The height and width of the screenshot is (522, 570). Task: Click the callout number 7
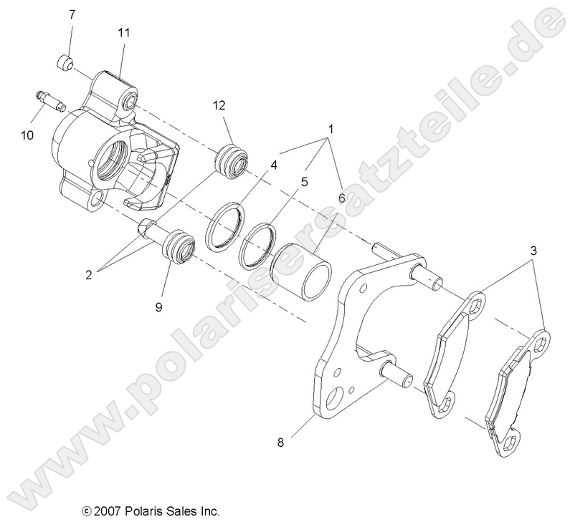[x=72, y=14]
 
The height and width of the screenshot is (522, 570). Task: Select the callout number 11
[x=123, y=32]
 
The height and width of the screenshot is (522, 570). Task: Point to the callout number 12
[x=219, y=105]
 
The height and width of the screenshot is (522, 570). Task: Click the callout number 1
[x=331, y=130]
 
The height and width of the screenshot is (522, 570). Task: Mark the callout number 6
[x=341, y=197]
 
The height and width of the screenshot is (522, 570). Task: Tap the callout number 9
[x=159, y=307]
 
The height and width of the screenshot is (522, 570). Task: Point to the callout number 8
[x=280, y=443]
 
